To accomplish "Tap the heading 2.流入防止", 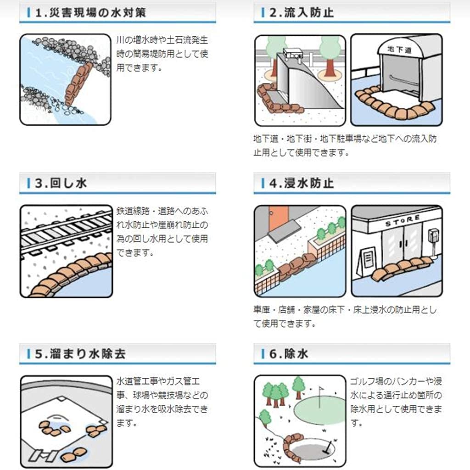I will (301, 13).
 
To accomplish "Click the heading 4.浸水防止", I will (301, 184).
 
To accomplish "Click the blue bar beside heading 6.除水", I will (262, 354).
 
